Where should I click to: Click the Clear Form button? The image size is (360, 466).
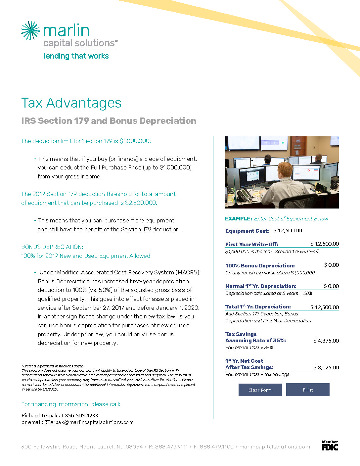click(260, 390)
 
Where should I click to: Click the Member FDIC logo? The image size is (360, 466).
click(330, 445)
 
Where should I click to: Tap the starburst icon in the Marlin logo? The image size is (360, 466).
click(30, 30)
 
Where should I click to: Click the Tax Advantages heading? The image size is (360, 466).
click(71, 103)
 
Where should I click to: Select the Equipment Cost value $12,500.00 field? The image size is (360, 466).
click(288, 231)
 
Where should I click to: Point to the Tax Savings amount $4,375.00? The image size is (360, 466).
click(326, 341)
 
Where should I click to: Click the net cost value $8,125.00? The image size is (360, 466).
click(326, 367)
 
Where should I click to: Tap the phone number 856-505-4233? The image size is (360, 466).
click(81, 415)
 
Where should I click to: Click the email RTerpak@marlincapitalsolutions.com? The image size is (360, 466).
click(89, 422)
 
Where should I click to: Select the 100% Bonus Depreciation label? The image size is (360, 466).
click(260, 265)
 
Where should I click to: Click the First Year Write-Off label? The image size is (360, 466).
click(251, 244)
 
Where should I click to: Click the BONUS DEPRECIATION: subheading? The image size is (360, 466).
click(52, 247)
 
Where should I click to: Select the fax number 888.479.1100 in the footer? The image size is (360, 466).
click(216, 447)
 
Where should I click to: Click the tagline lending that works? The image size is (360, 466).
click(76, 56)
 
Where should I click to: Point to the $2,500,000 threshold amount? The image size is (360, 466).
click(141, 203)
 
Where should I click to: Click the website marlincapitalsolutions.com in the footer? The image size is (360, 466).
click(275, 447)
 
